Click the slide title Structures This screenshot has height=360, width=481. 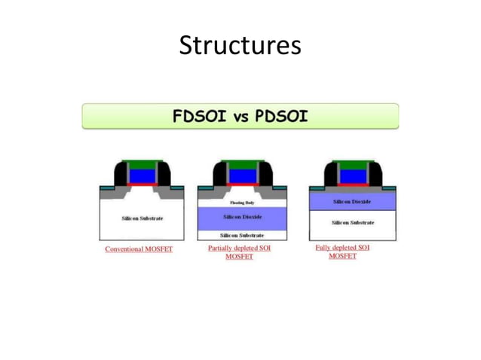click(x=240, y=46)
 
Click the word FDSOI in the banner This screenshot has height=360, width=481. click(x=198, y=117)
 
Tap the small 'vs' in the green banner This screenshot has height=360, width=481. click(x=239, y=117)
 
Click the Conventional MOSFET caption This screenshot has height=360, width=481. click(x=139, y=249)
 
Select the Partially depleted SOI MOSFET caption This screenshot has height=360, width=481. click(x=239, y=252)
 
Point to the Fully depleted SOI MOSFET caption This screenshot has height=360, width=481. click(x=342, y=252)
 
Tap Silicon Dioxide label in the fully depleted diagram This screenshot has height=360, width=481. click(x=351, y=202)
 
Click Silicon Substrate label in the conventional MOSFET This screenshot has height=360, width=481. click(x=142, y=218)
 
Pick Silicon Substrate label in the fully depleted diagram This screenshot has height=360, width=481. click(x=352, y=222)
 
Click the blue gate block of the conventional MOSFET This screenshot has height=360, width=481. click(x=142, y=175)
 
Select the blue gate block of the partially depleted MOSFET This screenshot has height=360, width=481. click(x=240, y=175)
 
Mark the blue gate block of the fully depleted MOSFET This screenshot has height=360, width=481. click(x=351, y=175)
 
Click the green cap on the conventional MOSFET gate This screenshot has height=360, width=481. click(x=142, y=165)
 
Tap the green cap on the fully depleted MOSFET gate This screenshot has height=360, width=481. click(x=351, y=165)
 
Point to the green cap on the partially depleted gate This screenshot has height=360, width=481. click(x=240, y=165)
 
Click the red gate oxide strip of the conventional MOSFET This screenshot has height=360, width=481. click(x=142, y=185)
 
